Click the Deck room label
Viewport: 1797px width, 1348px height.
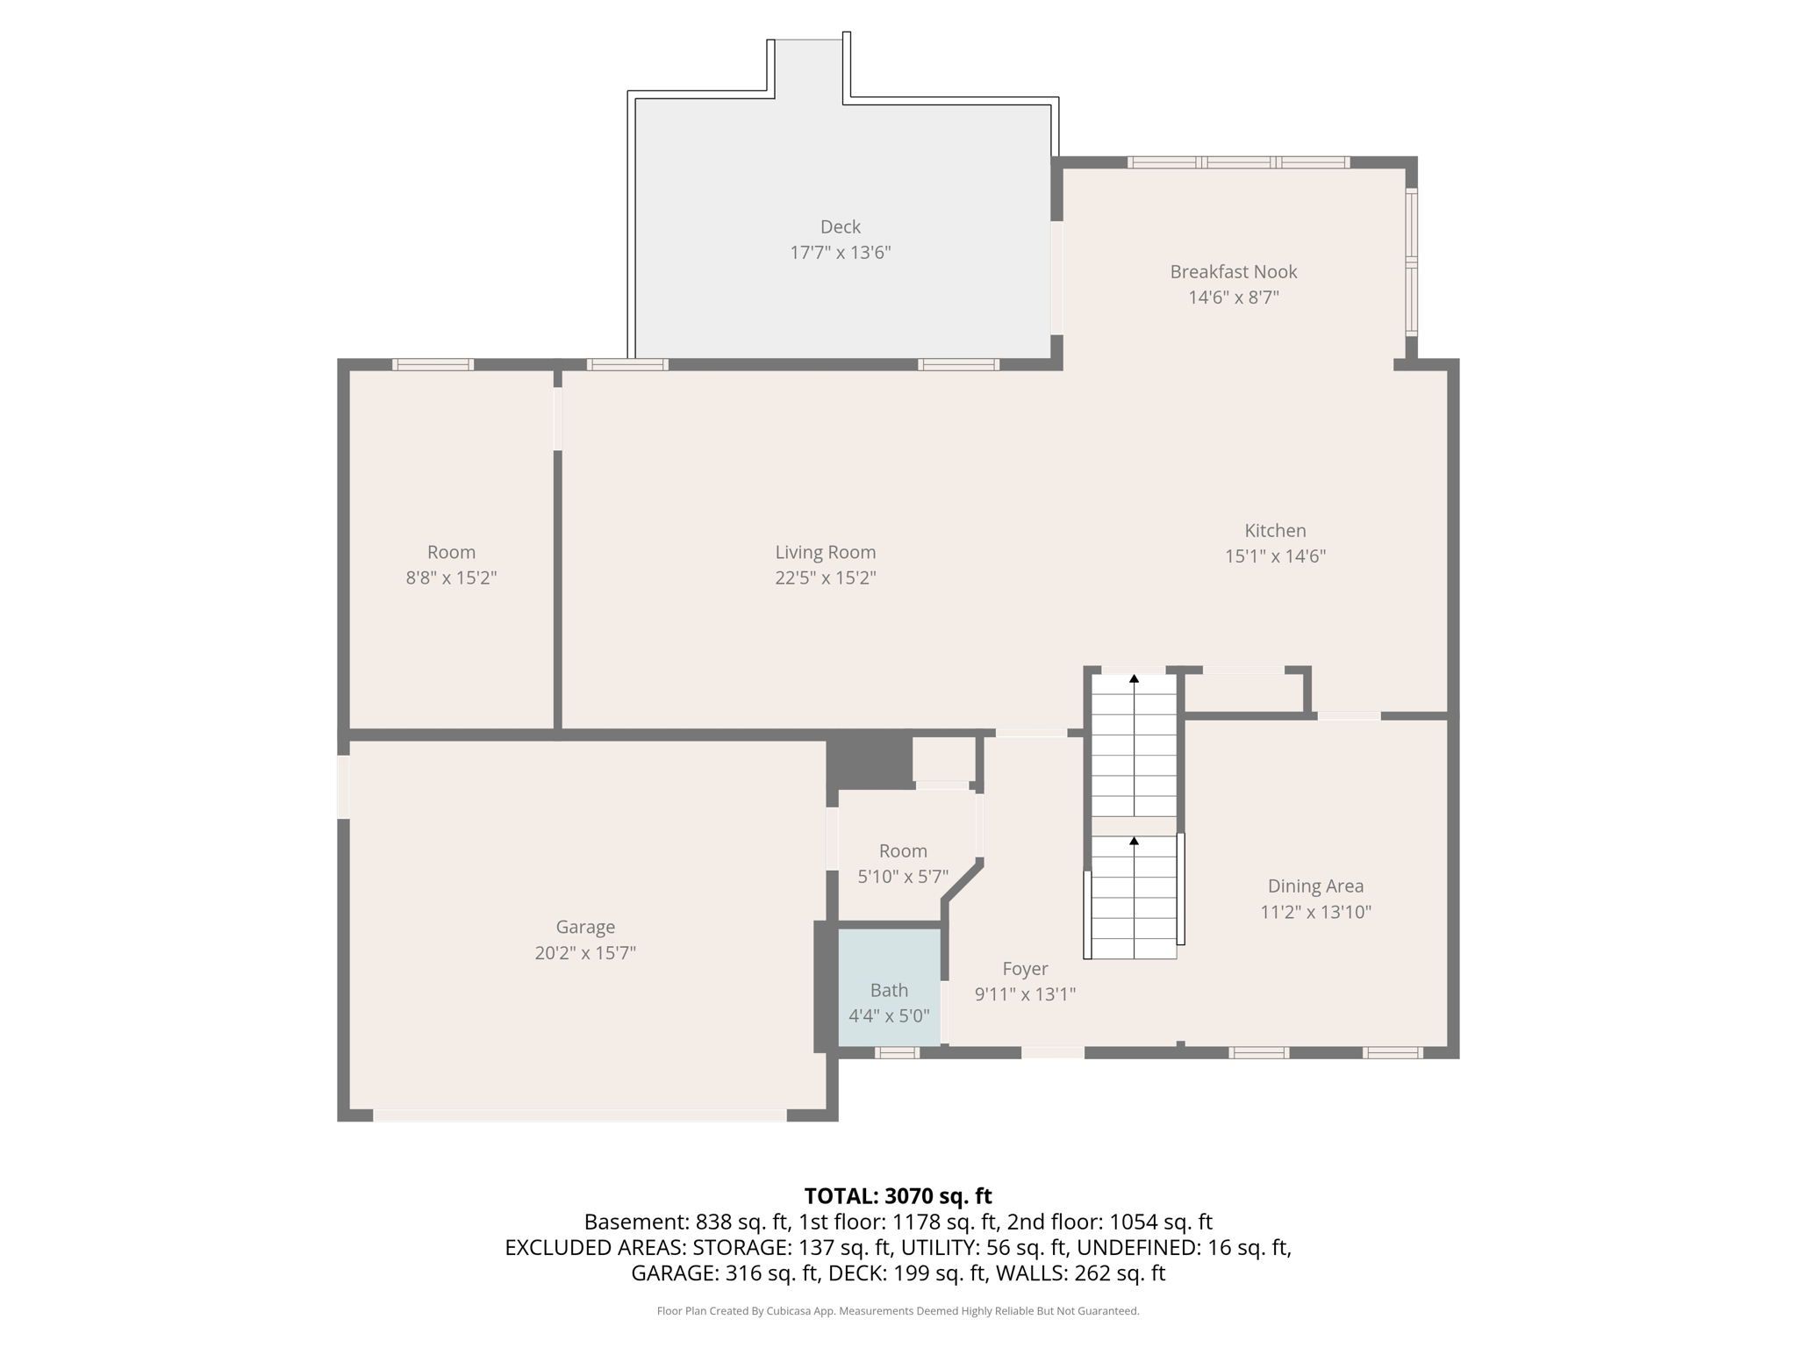(840, 226)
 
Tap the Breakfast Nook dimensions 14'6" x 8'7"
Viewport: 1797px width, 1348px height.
(1233, 298)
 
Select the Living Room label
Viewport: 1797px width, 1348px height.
(825, 552)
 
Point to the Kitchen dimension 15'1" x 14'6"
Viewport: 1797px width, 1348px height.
(1274, 556)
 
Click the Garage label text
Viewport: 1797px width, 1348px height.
(584, 927)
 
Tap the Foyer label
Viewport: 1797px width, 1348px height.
(1025, 969)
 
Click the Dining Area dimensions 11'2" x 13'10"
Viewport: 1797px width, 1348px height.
(1314, 912)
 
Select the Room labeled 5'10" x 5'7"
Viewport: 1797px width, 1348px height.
(902, 851)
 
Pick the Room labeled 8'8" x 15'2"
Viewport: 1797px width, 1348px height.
(451, 552)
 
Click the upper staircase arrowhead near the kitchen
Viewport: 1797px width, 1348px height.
(1134, 678)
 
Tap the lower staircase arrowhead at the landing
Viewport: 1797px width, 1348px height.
(1134, 841)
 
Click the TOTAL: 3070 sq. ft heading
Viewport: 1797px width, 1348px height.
(898, 1195)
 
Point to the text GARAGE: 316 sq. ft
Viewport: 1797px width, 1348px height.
(725, 1273)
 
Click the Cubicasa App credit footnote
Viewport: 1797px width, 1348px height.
(898, 1311)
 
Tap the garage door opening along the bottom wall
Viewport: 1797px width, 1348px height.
(579, 1115)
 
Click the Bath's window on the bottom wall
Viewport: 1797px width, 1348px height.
(897, 1052)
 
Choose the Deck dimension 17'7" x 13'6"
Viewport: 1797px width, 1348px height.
(840, 253)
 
